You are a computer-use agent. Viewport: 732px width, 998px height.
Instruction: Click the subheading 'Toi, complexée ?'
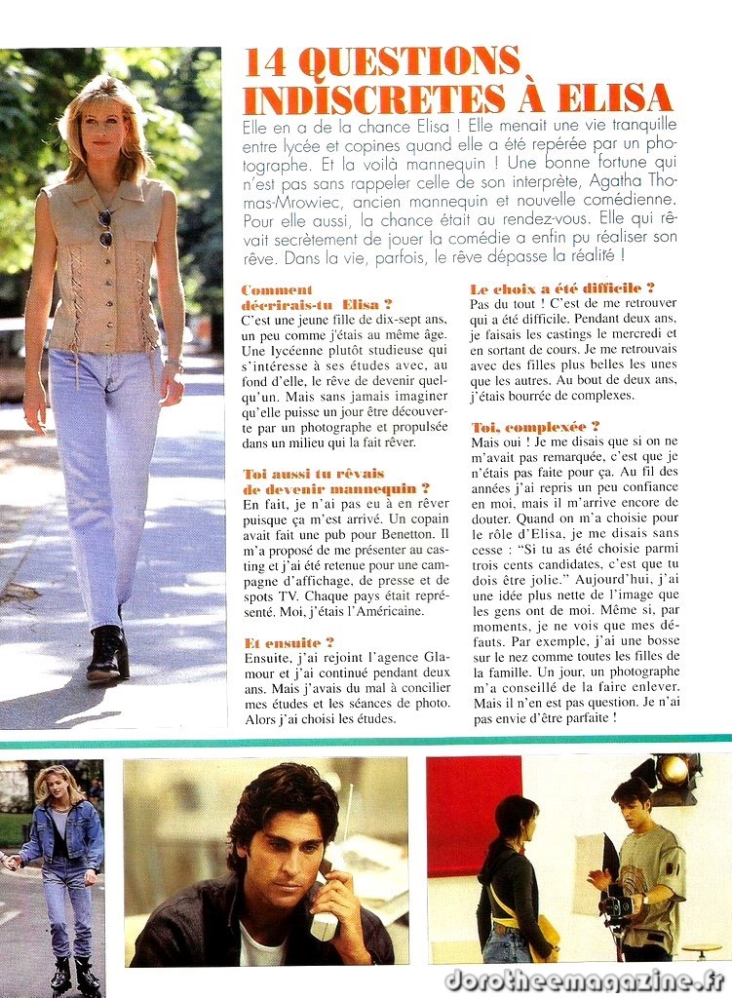tap(535, 427)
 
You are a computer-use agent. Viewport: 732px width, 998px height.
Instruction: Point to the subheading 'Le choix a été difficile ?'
tap(562, 288)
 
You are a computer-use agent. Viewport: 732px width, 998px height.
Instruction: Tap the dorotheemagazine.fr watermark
tap(586, 979)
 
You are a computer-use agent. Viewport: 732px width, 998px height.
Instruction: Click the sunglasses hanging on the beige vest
tap(105, 228)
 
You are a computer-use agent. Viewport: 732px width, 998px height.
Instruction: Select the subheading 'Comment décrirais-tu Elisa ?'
tap(317, 296)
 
